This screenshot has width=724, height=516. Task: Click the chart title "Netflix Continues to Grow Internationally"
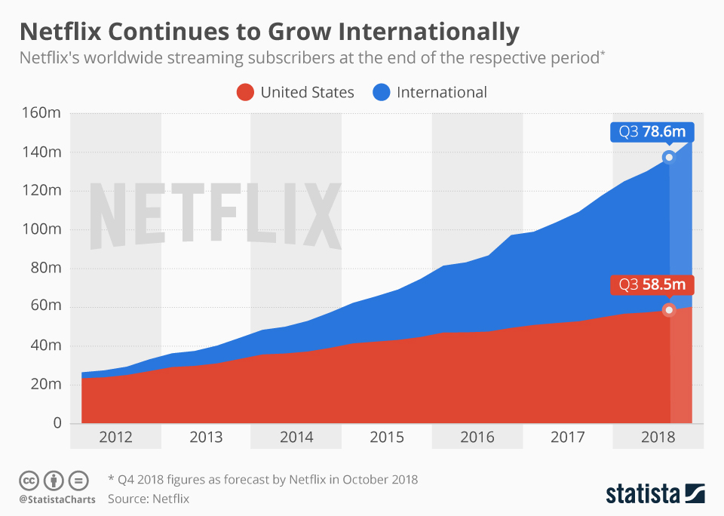(x=269, y=32)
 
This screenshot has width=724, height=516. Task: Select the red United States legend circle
(x=245, y=92)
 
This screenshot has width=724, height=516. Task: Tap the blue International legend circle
(x=382, y=92)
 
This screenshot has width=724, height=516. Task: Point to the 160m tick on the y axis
(x=44, y=113)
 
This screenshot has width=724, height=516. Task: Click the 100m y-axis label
(x=44, y=229)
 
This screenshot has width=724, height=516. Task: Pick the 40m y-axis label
(x=46, y=346)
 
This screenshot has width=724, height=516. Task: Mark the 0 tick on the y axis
(x=56, y=423)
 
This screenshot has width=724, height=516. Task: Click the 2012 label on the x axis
(x=115, y=438)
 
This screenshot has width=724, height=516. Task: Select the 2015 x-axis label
(x=387, y=438)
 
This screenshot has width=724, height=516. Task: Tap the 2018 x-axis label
(x=658, y=438)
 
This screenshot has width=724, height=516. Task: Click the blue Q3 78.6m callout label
(x=652, y=132)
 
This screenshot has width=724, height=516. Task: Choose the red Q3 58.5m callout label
(x=652, y=285)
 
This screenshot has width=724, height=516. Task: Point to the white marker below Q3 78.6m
(x=668, y=157)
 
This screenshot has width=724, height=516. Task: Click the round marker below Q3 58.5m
(x=668, y=310)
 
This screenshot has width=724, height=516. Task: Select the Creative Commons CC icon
(x=29, y=481)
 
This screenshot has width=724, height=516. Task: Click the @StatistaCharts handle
(x=57, y=499)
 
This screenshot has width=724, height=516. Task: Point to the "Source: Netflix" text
(x=149, y=499)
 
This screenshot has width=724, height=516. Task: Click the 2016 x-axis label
(x=477, y=438)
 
